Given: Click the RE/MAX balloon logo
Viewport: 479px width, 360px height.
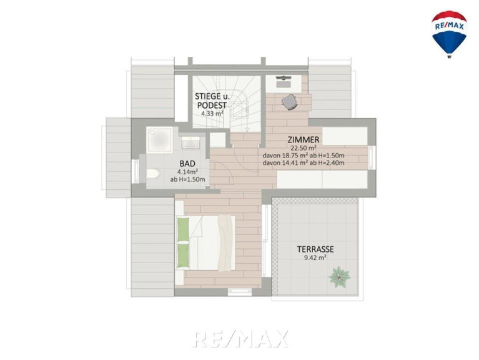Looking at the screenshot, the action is [449, 34].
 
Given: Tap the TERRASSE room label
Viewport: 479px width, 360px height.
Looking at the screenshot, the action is [315, 249].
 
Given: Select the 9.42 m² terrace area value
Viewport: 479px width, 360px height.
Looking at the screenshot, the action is [315, 257].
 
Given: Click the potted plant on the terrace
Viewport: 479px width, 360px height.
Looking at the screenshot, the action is [339, 277].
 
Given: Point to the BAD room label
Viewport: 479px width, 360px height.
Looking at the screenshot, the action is [187, 164].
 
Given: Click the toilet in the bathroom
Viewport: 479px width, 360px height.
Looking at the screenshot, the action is [153, 174].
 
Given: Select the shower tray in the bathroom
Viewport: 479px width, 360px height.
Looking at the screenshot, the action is [160, 140].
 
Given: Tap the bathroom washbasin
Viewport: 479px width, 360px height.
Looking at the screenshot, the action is [190, 142].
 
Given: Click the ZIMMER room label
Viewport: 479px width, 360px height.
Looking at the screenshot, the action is [304, 140].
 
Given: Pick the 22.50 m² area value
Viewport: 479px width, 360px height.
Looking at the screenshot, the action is [304, 149].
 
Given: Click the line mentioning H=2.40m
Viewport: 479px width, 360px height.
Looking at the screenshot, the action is [304, 163].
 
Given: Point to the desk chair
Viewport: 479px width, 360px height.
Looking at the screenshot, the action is [289, 101].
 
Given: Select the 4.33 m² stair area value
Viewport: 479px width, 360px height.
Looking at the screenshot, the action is [212, 114].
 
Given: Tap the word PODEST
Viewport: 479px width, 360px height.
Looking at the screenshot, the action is [212, 106].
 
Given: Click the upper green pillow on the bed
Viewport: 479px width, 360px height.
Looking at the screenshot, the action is [183, 229].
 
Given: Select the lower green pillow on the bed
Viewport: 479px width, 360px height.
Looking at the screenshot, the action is [183, 256].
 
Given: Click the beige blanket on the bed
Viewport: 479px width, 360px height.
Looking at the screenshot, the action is [225, 243].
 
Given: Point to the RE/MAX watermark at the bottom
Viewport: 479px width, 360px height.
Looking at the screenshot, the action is [240, 339].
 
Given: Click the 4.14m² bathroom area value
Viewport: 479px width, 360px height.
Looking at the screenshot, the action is [187, 171].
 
